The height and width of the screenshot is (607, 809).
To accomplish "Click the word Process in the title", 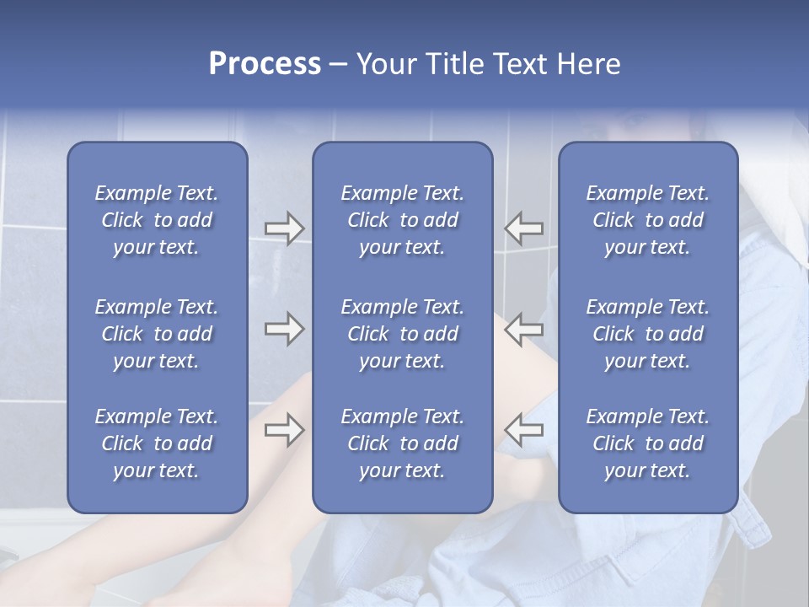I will pyautogui.click(x=265, y=64).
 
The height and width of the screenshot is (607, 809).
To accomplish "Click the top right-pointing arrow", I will pyautogui.click(x=284, y=228).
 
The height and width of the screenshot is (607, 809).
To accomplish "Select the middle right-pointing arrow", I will pyautogui.click(x=284, y=329).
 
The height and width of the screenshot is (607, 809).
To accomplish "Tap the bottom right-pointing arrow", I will pyautogui.click(x=284, y=429).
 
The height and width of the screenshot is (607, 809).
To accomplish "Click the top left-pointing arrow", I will pyautogui.click(x=524, y=228).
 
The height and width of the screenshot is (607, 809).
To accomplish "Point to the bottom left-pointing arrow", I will pyautogui.click(x=524, y=429).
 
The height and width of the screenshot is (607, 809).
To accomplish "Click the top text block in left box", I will pyautogui.click(x=157, y=220).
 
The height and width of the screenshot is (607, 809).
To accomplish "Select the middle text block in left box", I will pyautogui.click(x=157, y=334).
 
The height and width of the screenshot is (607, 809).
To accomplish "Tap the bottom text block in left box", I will pyautogui.click(x=157, y=443).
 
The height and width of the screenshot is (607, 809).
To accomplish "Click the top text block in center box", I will pyautogui.click(x=403, y=220).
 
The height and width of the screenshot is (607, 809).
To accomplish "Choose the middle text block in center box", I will pyautogui.click(x=403, y=334).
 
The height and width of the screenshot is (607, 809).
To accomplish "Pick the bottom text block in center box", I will pyautogui.click(x=403, y=443).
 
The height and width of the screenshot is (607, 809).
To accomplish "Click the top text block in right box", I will pyautogui.click(x=648, y=220).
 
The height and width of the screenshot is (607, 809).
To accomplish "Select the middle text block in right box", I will pyautogui.click(x=648, y=334).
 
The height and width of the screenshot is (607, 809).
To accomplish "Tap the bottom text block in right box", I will pyautogui.click(x=648, y=443).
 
